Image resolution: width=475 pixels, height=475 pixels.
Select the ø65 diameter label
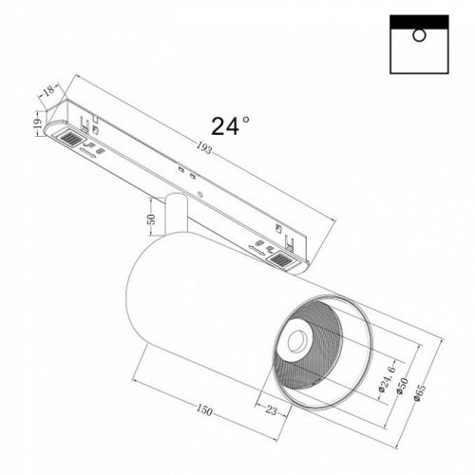point(422,389)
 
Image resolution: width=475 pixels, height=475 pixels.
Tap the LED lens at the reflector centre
point(295,336)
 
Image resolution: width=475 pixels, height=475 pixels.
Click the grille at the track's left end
point(70,140)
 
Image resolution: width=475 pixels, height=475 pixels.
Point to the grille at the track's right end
point(281,257)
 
